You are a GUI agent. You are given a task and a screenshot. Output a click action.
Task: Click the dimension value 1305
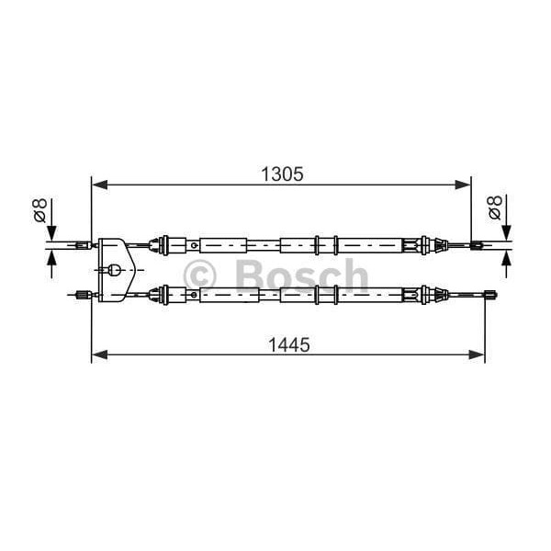tap(280, 173)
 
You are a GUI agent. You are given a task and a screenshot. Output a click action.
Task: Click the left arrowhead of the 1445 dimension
tap(98, 354)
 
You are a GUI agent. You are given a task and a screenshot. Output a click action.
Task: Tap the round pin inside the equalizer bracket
tap(114, 270)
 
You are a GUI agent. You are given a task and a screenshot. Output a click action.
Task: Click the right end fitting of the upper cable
tap(477, 245)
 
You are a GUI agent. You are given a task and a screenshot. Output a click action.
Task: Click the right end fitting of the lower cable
tap(490, 295)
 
